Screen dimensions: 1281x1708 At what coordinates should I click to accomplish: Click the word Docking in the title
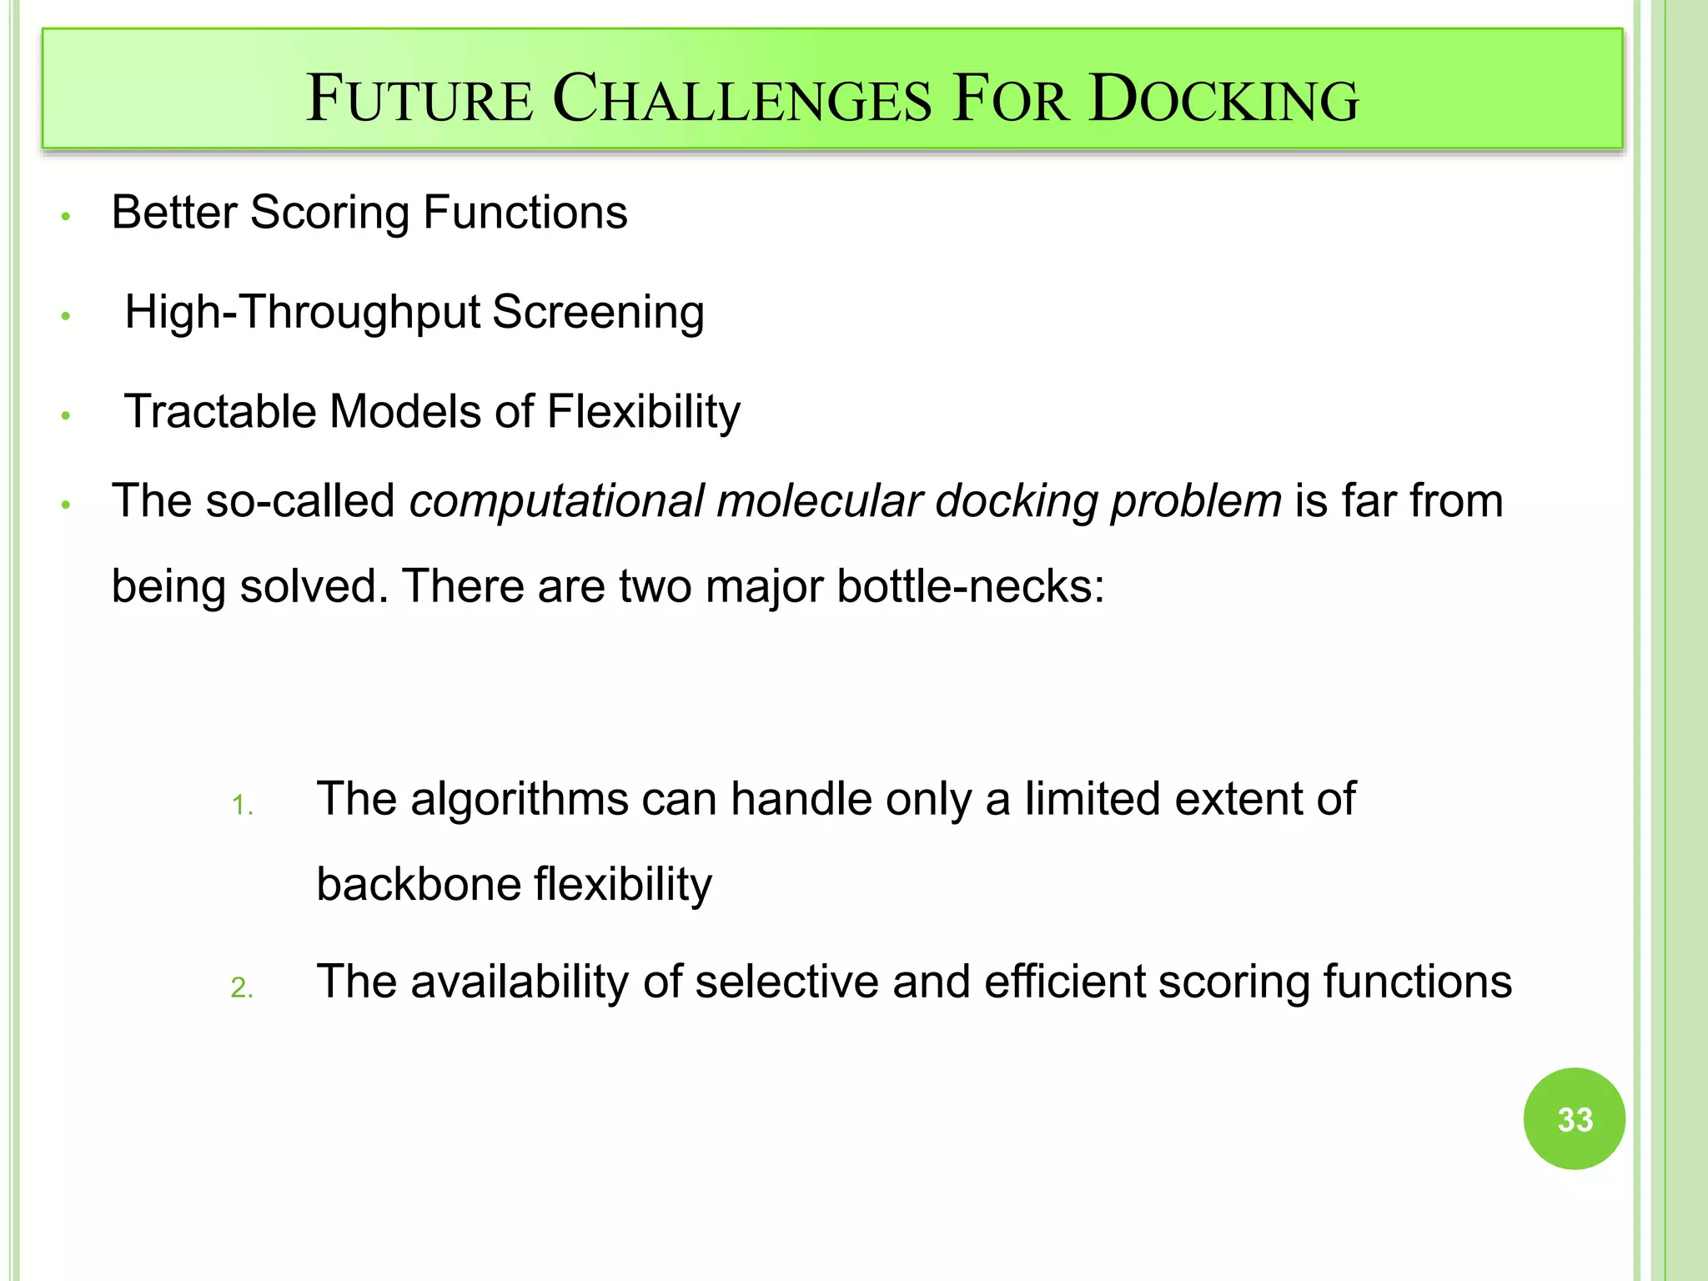point(1223,100)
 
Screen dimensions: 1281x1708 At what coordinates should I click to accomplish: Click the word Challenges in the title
point(741,100)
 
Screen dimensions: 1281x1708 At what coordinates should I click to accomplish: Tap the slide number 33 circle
point(1574,1118)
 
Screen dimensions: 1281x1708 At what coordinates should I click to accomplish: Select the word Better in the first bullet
point(173,212)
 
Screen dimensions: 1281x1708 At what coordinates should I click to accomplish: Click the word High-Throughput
point(302,313)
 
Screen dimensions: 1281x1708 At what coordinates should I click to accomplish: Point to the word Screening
point(598,313)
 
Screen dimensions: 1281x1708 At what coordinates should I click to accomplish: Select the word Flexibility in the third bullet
point(643,412)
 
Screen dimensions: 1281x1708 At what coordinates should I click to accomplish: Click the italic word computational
point(556,501)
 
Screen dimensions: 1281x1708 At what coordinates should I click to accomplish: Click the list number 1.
point(242,806)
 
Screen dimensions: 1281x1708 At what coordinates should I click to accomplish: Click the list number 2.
point(242,988)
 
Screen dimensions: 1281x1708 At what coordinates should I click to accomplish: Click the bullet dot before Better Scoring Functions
point(66,217)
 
